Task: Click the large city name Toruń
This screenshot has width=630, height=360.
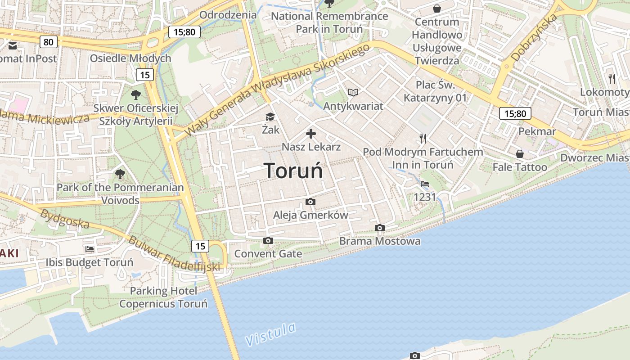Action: [293, 171]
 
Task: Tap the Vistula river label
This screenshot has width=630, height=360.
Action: [271, 334]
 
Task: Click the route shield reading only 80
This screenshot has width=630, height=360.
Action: [49, 42]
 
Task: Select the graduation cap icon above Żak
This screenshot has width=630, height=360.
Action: [270, 117]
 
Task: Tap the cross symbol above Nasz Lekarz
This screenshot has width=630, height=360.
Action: [311, 134]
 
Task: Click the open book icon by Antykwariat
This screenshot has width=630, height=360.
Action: [353, 92]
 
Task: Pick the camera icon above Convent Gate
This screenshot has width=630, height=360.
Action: [268, 241]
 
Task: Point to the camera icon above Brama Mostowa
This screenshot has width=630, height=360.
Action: [380, 228]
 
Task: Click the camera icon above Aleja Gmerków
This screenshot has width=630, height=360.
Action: [310, 202]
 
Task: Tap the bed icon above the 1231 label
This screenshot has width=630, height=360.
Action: [424, 184]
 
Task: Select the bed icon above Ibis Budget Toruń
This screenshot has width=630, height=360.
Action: [90, 249]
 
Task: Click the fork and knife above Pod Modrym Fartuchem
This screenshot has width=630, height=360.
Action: [423, 139]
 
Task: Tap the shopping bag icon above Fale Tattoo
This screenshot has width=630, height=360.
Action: [520, 154]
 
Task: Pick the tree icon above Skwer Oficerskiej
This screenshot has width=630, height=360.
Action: [135, 95]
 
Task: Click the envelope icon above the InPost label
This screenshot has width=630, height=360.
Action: [12, 45]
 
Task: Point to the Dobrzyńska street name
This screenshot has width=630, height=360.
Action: [535, 38]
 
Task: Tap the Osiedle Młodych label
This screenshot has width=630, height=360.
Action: [130, 58]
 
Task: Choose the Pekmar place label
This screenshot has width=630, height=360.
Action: [537, 131]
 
